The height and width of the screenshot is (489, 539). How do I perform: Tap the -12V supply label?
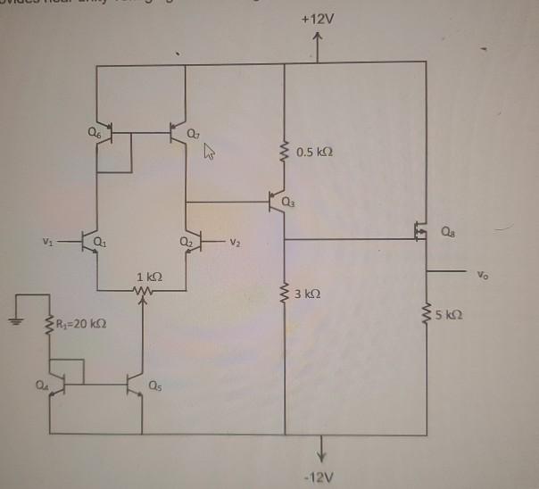tap(318, 478)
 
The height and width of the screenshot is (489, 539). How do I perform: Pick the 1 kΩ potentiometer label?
tap(148, 276)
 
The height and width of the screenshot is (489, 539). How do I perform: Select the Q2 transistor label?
tap(186, 240)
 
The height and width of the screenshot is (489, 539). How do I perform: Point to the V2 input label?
tap(235, 241)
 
